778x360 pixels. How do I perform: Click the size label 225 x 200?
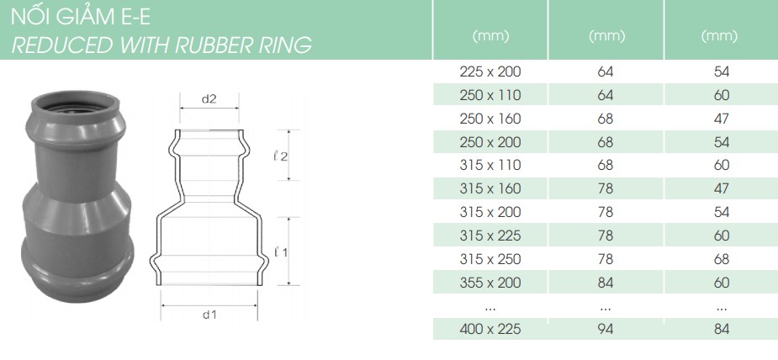click(490, 71)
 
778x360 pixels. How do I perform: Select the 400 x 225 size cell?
click(490, 329)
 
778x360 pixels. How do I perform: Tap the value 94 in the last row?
click(606, 329)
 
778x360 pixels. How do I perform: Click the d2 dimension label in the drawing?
click(209, 98)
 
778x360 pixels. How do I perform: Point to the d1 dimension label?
click(209, 315)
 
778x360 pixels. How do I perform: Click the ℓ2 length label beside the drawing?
click(280, 156)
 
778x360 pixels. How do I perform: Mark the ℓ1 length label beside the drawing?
click(280, 251)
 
